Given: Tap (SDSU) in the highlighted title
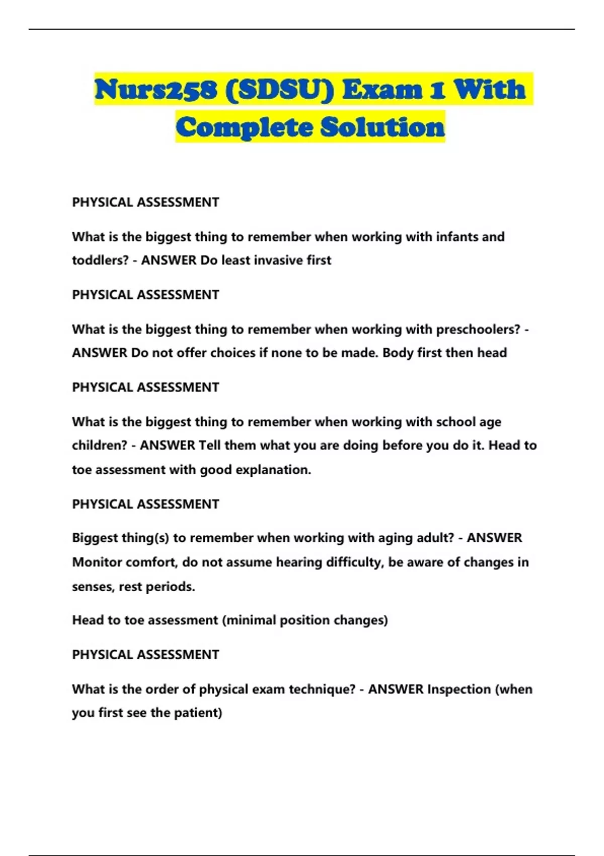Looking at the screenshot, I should coord(280,90).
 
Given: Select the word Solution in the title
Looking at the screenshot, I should coord(383,127).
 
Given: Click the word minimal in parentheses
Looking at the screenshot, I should coord(250,620).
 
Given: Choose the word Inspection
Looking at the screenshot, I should coord(459,689).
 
